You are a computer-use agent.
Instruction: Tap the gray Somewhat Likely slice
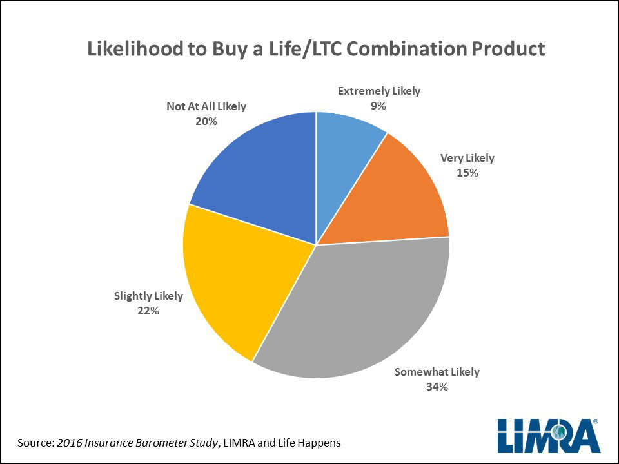(x=361, y=309)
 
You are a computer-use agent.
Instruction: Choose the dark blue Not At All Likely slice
(x=258, y=174)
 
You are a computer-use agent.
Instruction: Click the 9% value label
(x=378, y=106)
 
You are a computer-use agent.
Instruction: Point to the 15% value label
(x=467, y=173)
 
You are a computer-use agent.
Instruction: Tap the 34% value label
(x=437, y=387)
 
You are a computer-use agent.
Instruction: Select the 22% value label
(x=148, y=311)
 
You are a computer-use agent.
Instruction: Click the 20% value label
(x=206, y=121)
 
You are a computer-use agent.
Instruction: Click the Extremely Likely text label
(x=378, y=91)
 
